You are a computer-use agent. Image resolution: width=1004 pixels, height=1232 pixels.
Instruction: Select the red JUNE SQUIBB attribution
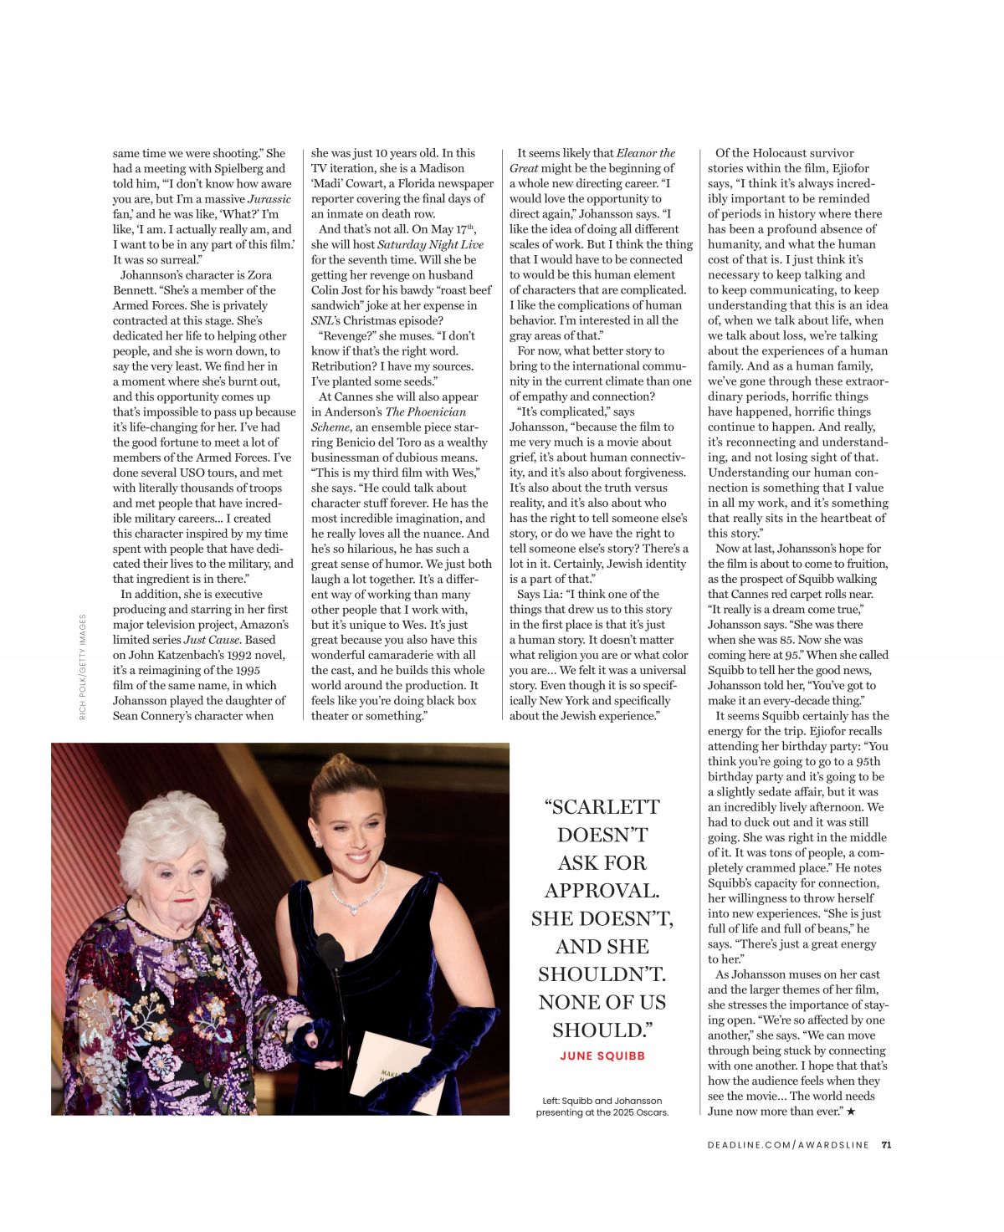602,1056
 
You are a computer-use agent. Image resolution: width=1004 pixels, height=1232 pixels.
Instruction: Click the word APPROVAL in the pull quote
602,890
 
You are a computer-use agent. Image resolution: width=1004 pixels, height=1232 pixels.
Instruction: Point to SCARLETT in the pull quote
602,807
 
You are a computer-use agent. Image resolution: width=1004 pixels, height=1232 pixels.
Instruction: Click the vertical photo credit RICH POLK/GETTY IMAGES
83,667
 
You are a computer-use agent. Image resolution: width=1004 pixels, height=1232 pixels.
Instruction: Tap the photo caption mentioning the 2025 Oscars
602,1107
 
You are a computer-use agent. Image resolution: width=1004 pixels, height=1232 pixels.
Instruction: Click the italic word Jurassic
269,199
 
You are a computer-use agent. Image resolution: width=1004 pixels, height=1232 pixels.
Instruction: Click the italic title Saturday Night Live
430,245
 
